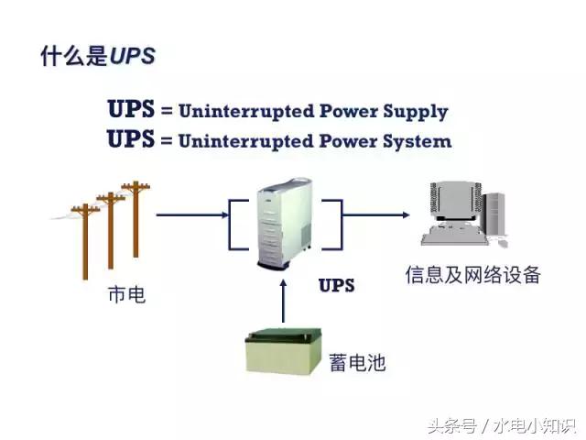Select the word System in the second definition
[x=418, y=141]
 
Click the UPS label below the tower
[x=336, y=285]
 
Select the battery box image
[x=283, y=352]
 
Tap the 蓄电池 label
[x=356, y=363]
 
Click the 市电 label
[x=126, y=295]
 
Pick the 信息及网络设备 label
[x=473, y=275]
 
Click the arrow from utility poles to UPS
[x=192, y=215]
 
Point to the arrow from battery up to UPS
[x=284, y=301]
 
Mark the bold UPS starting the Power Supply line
[x=131, y=109]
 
